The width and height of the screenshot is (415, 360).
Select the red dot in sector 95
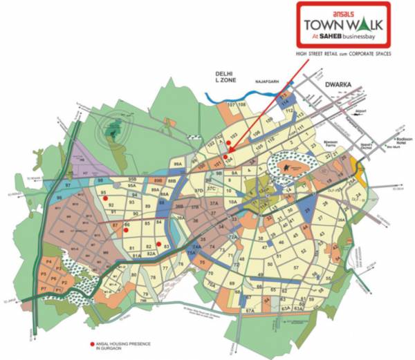pos(105,198)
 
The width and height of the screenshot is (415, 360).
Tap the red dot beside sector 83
pos(158,244)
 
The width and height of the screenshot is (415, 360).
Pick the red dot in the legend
pos(91,344)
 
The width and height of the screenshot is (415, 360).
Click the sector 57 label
pos(295,267)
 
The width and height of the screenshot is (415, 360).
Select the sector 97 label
pos(68,187)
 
